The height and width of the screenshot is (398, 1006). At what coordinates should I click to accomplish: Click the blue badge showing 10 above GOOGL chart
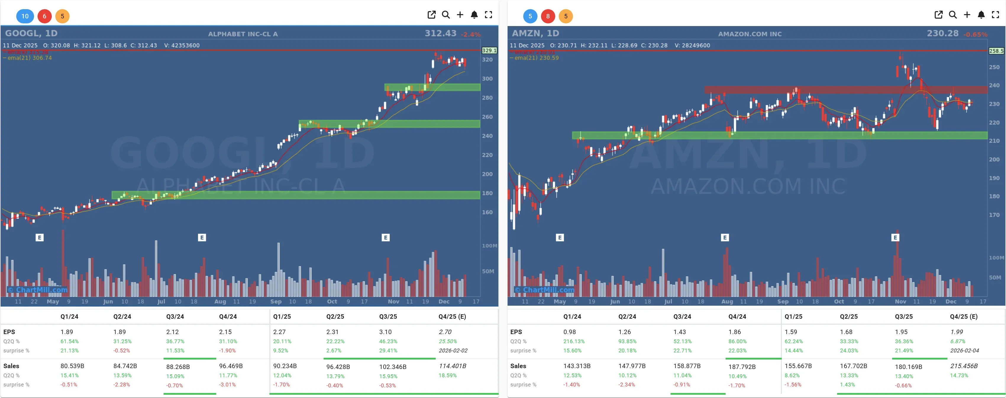pyautogui.click(x=25, y=16)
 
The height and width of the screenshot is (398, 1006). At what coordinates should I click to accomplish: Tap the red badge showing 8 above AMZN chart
pyautogui.click(x=548, y=16)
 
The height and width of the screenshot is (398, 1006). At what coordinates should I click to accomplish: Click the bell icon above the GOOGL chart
pyautogui.click(x=474, y=15)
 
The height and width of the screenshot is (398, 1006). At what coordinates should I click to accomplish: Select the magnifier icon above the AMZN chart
pyautogui.click(x=952, y=15)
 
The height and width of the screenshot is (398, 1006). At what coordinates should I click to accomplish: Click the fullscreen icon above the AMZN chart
pyautogui.click(x=995, y=15)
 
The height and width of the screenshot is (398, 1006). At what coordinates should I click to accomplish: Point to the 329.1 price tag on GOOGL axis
pyautogui.click(x=489, y=50)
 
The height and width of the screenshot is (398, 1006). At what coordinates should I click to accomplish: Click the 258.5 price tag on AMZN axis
pyautogui.click(x=996, y=51)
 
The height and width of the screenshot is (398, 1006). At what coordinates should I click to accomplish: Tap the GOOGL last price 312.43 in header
pyautogui.click(x=440, y=33)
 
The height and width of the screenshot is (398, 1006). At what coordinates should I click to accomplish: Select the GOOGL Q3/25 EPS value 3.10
pyautogui.click(x=385, y=332)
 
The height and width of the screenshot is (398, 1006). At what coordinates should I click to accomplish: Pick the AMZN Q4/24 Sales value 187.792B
pyautogui.click(x=742, y=366)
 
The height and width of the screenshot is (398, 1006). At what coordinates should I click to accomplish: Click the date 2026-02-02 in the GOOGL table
pyautogui.click(x=453, y=350)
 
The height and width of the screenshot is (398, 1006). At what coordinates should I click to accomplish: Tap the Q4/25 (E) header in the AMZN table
pyautogui.click(x=963, y=316)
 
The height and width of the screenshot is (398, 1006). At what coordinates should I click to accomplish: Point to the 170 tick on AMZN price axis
pyautogui.click(x=994, y=215)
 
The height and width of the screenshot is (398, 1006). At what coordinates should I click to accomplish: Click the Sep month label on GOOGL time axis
pyautogui.click(x=276, y=302)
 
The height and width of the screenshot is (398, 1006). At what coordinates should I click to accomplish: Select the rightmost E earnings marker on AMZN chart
pyautogui.click(x=895, y=238)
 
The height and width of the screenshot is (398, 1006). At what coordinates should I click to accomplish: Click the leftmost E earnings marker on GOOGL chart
pyautogui.click(x=39, y=238)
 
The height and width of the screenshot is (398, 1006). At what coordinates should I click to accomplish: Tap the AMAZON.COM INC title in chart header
pyautogui.click(x=750, y=34)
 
